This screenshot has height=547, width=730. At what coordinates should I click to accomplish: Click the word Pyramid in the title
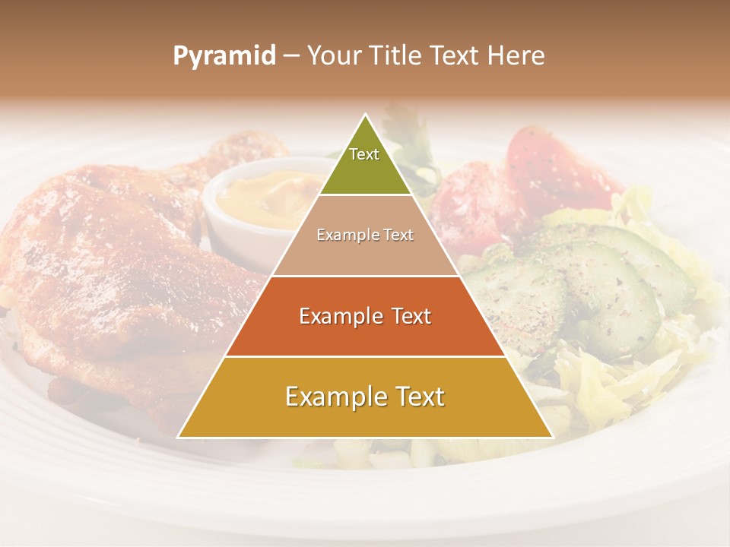coord(224,56)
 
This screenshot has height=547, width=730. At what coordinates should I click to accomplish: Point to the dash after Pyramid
coord(291,56)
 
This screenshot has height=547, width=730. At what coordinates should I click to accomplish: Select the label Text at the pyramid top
coord(364,154)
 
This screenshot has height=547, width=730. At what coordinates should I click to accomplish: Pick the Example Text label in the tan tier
coord(365,235)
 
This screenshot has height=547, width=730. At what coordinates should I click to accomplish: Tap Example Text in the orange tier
coord(365,316)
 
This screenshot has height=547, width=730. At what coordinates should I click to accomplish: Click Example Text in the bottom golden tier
coord(365,397)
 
